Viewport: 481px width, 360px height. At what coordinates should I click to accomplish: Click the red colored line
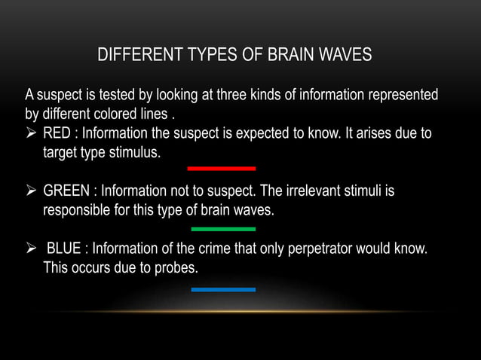tap(221, 169)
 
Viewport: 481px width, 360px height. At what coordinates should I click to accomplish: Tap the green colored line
tap(223, 228)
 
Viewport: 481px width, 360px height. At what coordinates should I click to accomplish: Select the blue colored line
tap(223, 289)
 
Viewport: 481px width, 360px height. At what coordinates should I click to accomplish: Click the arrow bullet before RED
tap(31, 134)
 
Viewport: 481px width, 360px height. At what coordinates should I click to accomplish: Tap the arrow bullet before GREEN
tap(31, 191)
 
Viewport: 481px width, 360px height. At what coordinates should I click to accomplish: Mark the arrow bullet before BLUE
tap(31, 249)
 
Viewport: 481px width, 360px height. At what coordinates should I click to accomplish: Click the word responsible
tap(79, 209)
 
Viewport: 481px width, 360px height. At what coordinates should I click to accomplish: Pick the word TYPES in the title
tap(206, 56)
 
